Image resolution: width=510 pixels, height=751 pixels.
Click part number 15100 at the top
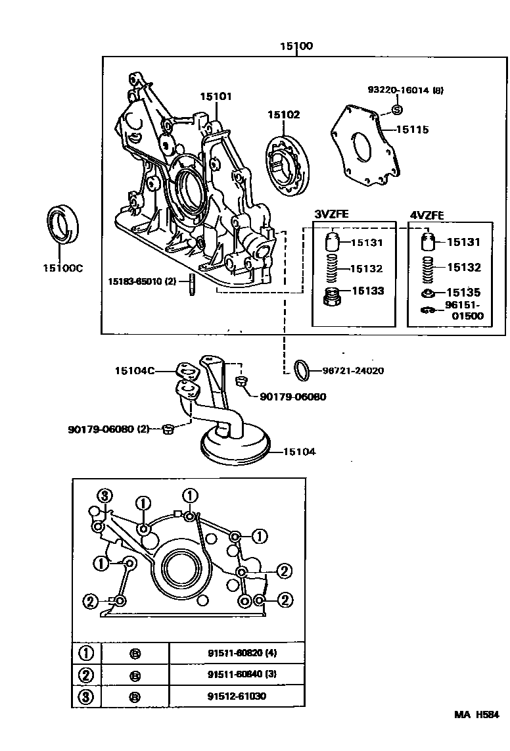pos(296,46)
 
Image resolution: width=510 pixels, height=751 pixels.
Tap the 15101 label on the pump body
pos(216,97)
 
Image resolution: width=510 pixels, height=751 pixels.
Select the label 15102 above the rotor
pos(283,114)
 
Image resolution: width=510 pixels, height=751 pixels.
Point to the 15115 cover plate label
pos(411,130)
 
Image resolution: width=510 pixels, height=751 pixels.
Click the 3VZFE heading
pos(333,214)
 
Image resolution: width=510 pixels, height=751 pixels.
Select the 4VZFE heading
pos(428,214)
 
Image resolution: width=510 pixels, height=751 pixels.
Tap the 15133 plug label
pos(367,291)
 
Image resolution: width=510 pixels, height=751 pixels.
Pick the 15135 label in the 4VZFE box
pos(464,293)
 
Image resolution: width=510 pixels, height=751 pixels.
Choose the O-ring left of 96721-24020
pos(302,370)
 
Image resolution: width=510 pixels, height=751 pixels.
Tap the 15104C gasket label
pos(135,371)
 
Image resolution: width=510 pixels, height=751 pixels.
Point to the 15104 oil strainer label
pos(299,452)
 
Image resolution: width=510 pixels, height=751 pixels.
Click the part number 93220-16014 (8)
pos(405,90)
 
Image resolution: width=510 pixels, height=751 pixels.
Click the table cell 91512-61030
pos(237,696)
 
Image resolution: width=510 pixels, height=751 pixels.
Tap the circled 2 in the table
pos(87,675)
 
